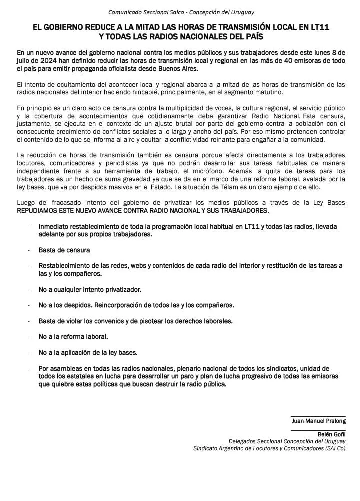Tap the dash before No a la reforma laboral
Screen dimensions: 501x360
tap(30, 336)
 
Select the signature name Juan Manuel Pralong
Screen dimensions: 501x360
tap(318, 421)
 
